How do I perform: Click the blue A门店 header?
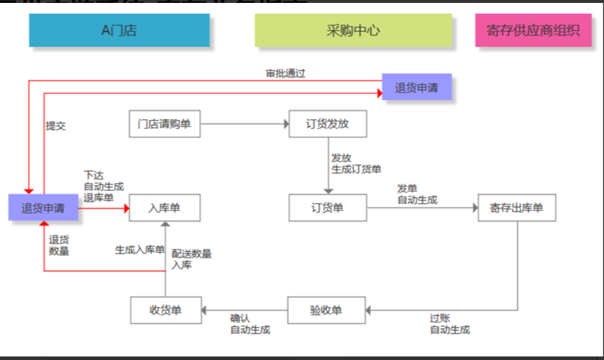[x=119, y=30]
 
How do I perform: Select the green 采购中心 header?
[x=353, y=30]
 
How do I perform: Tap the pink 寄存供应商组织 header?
[x=533, y=30]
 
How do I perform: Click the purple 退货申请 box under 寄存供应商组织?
[x=416, y=87]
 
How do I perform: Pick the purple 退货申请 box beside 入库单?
[x=43, y=208]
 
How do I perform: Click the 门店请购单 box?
[x=164, y=124]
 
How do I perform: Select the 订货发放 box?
[x=327, y=124]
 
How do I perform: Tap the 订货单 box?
[x=327, y=208]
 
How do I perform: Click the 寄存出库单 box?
[x=516, y=208]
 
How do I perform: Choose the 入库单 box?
[x=164, y=208]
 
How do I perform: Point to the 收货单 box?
[x=165, y=310]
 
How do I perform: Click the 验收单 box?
[x=326, y=310]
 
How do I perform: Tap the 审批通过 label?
[x=285, y=74]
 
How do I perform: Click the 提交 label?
[x=56, y=126]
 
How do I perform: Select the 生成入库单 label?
[x=139, y=250]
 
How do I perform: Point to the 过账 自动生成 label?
[x=450, y=324]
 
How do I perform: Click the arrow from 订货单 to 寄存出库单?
[x=422, y=208]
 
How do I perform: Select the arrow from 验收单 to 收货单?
[x=244, y=310]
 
